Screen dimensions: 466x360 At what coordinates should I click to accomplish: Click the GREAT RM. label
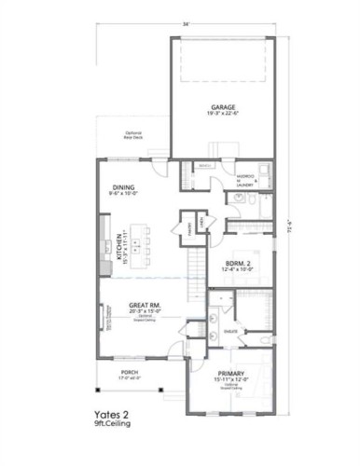click(x=145, y=304)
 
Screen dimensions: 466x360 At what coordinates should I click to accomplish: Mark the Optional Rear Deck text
click(x=133, y=135)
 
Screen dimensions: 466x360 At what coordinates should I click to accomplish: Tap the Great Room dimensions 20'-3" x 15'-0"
click(x=145, y=311)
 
